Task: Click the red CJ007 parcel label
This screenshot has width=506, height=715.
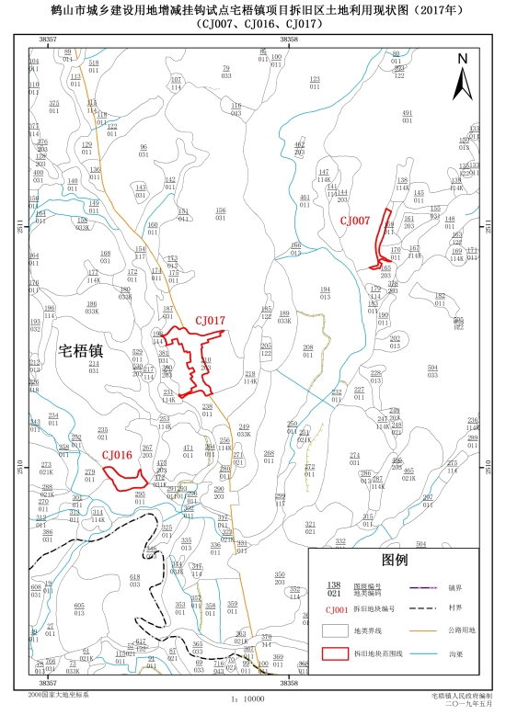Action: tap(354, 221)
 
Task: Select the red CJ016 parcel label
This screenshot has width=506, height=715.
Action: tap(117, 454)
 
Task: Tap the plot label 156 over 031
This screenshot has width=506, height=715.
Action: tap(220, 210)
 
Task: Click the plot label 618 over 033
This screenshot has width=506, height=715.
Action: tap(134, 576)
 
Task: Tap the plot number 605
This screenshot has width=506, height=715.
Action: tap(79, 605)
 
